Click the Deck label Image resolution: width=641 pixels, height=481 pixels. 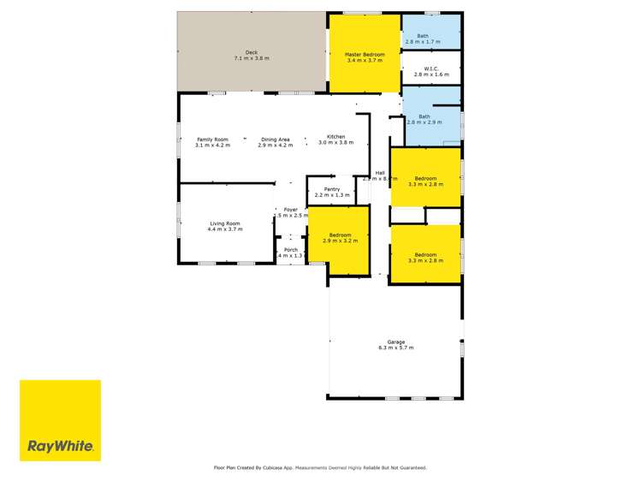pos(252,52)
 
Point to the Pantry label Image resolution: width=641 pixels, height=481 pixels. pos(332,189)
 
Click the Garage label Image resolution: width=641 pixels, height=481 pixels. pos(395,342)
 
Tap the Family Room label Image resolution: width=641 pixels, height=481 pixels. pos(213,140)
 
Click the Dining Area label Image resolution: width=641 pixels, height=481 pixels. pos(276,140)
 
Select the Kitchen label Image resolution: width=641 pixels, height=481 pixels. pos(335,137)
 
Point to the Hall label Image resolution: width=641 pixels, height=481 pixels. pos(379,172)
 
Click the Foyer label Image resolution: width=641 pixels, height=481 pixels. pos(291,209)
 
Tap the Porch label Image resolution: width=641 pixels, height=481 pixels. pos(291,250)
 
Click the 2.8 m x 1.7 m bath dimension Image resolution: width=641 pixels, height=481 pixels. pos(423,42)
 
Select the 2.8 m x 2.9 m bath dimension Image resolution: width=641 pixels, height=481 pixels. pos(424,122)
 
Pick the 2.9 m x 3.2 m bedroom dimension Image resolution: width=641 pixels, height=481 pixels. pos(341,241)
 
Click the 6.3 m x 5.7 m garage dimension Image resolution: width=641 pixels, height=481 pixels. pos(395,348)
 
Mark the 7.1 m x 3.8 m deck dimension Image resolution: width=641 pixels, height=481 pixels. pos(252,58)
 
